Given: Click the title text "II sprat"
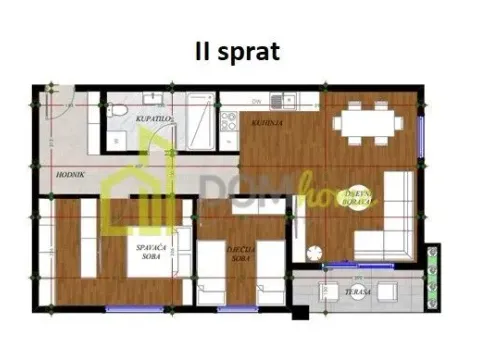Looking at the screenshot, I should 238,52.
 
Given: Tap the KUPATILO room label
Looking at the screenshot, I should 152,119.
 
